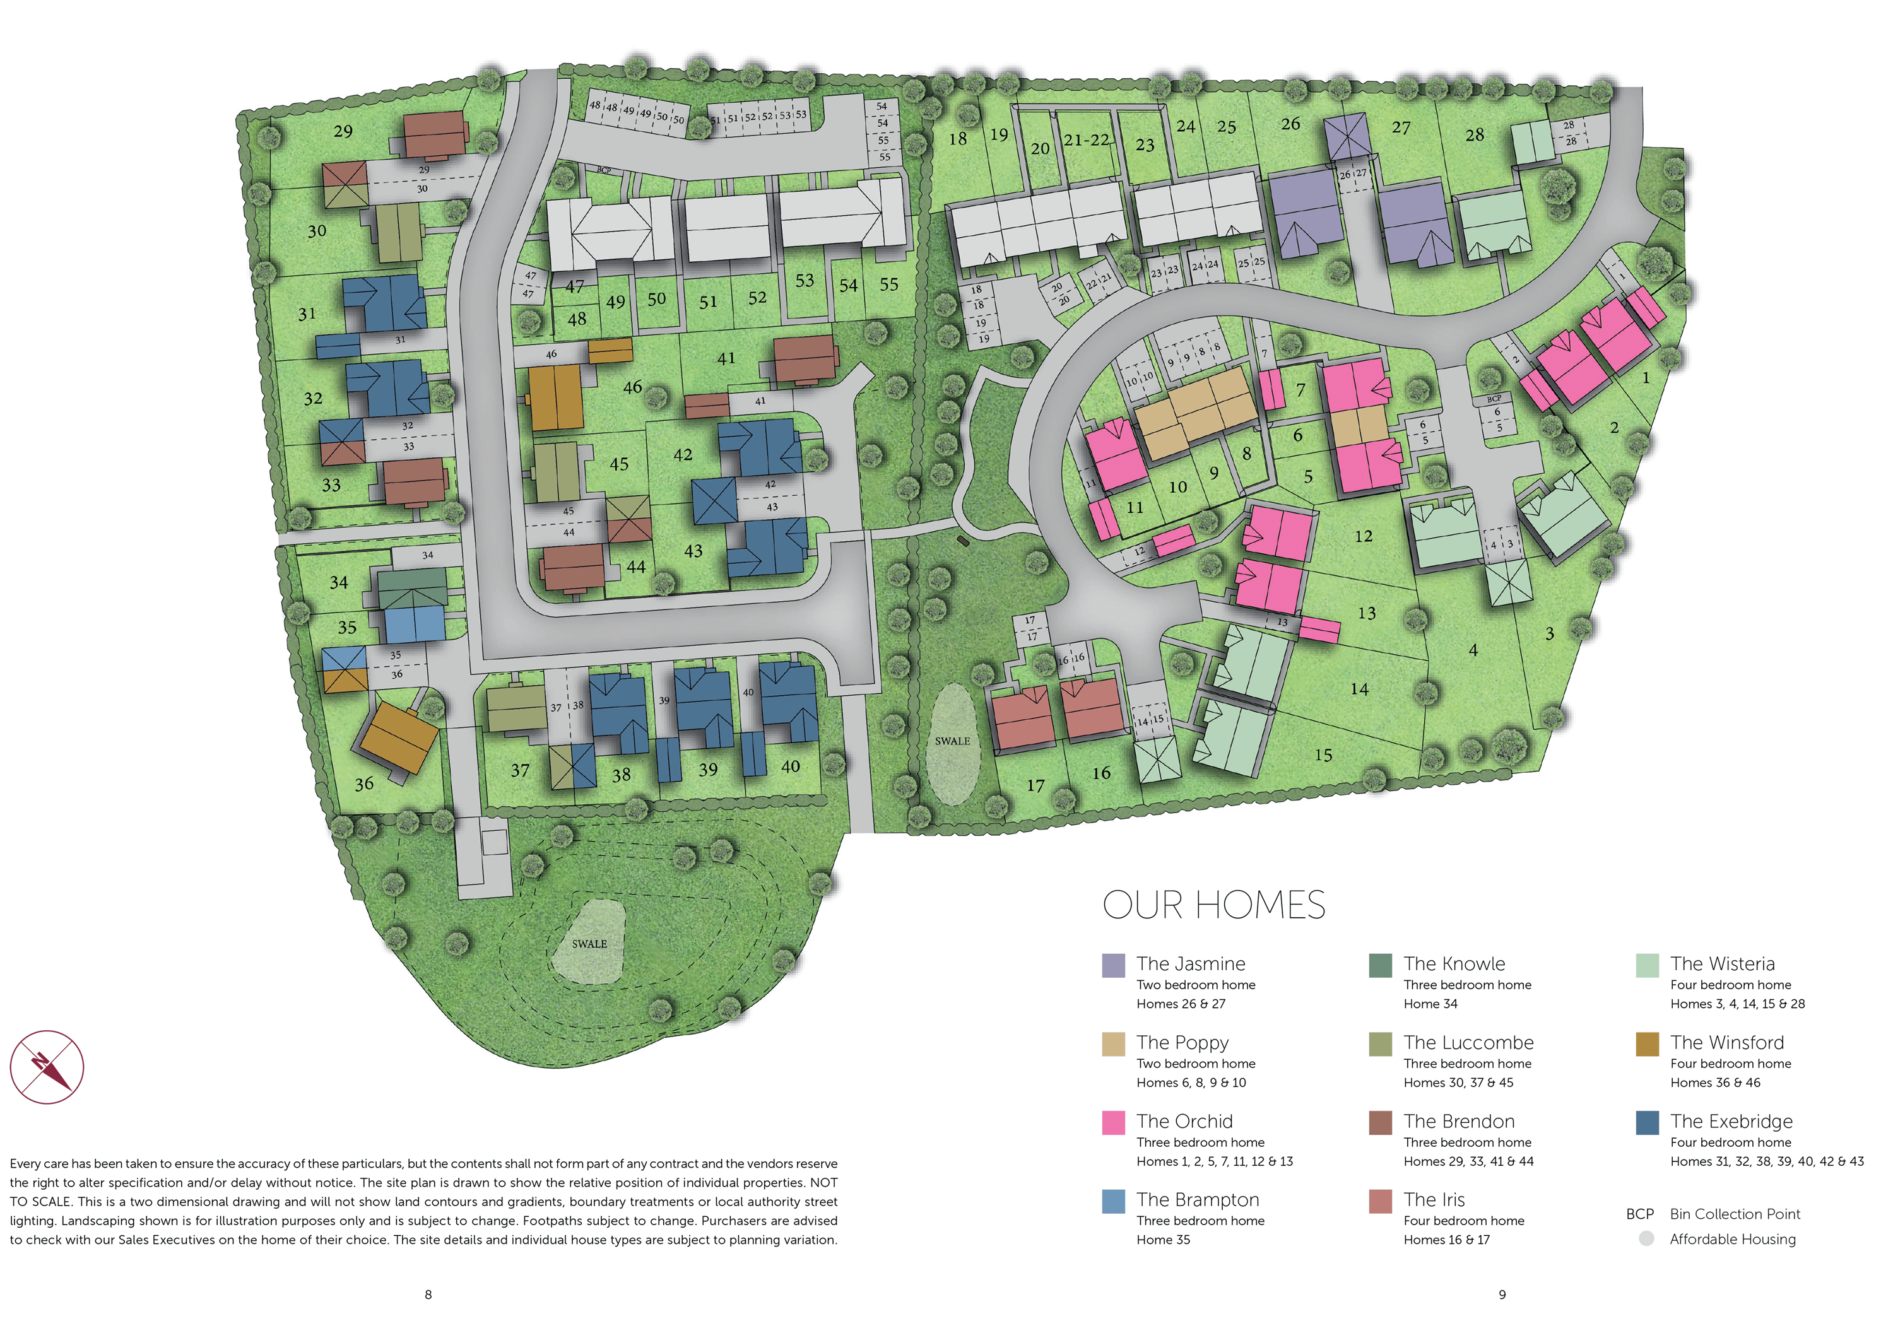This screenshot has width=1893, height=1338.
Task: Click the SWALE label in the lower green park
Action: point(589,943)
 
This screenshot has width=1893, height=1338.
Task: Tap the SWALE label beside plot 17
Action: point(952,741)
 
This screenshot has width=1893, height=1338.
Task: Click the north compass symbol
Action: point(47,1067)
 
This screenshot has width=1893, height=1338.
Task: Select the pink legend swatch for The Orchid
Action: point(1113,1122)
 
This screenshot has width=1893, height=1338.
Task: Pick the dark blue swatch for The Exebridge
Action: point(1646,1122)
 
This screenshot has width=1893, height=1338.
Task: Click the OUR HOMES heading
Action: point(1213,905)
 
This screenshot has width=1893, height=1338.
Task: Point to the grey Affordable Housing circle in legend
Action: point(1646,1238)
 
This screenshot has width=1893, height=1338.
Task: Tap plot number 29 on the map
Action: point(343,131)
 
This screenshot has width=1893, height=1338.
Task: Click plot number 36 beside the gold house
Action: point(363,784)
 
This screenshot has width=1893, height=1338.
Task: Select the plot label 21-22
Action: point(1086,140)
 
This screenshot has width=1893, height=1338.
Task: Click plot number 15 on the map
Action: point(1323,755)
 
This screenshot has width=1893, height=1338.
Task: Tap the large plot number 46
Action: point(632,387)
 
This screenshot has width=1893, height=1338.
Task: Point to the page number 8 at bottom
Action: point(428,1294)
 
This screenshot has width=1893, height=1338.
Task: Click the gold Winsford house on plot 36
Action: point(399,736)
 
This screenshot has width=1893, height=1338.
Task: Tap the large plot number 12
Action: point(1364,536)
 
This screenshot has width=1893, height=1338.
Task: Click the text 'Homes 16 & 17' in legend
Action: point(1446,1240)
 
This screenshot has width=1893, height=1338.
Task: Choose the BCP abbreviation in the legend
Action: point(1639,1214)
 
